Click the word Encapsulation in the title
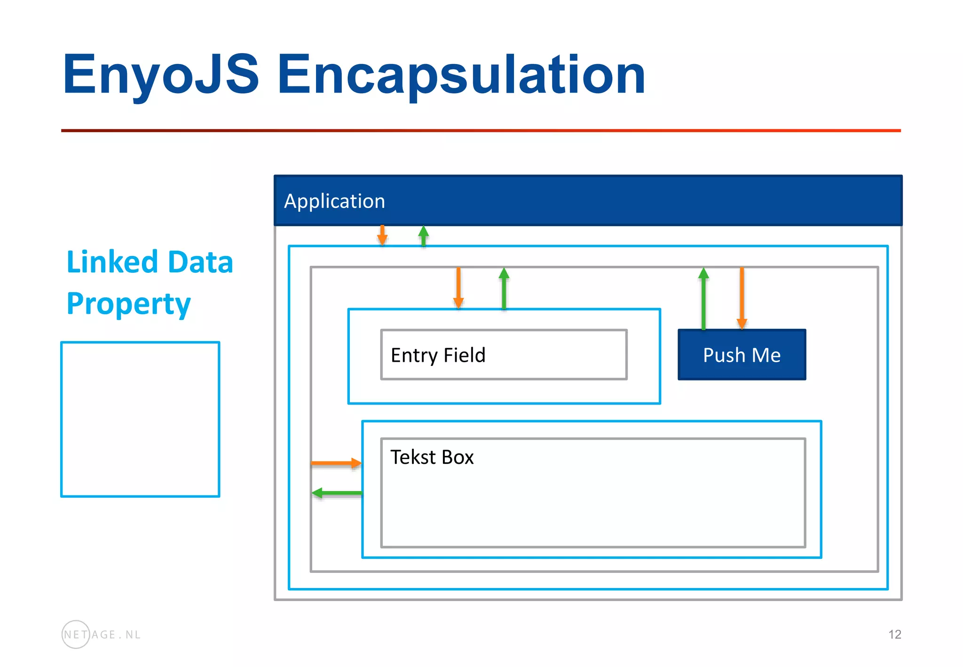coord(461,74)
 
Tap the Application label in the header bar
coord(334,201)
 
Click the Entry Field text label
coord(438,355)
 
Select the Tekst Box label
coord(432,457)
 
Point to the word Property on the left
coord(128,304)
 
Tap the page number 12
coord(894,635)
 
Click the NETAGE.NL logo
coord(101,635)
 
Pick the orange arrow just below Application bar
coord(382,235)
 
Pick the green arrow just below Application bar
coord(424,236)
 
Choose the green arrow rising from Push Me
coord(703,298)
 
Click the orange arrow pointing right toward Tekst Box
coord(336,463)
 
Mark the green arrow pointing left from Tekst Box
coord(337,493)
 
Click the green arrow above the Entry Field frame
coord(504,288)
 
